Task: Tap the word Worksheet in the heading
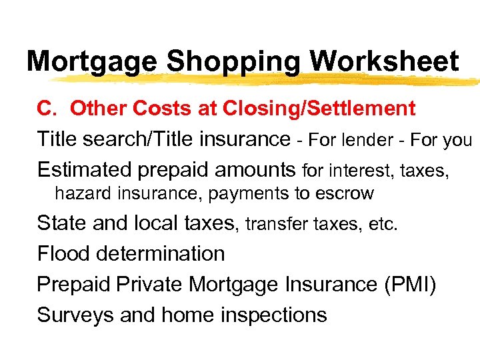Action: (385, 61)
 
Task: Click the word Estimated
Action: (85, 170)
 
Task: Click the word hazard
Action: (77, 194)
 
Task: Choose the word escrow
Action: (349, 194)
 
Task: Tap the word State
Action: (62, 223)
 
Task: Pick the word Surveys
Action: (75, 315)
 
